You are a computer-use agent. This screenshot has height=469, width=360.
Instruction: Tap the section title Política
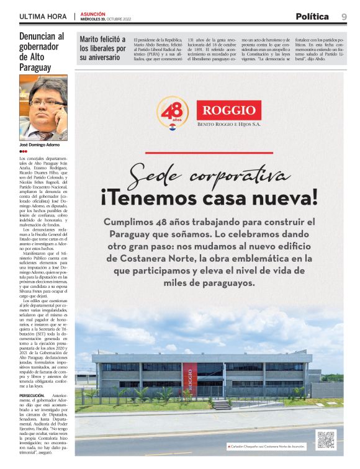[x=312, y=16]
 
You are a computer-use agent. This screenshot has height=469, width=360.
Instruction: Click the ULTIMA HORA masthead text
[x=43, y=16]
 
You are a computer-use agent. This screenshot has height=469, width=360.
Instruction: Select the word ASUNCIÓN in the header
[x=92, y=14]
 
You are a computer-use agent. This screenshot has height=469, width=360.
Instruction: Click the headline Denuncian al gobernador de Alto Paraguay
[x=42, y=53]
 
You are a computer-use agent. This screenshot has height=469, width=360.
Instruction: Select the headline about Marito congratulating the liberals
[x=102, y=48]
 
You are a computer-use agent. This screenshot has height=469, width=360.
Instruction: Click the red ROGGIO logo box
[x=228, y=110]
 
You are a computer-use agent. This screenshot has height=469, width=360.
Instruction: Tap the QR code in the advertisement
[x=325, y=439]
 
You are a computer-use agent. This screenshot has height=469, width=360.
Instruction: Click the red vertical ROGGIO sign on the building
[x=207, y=377]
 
